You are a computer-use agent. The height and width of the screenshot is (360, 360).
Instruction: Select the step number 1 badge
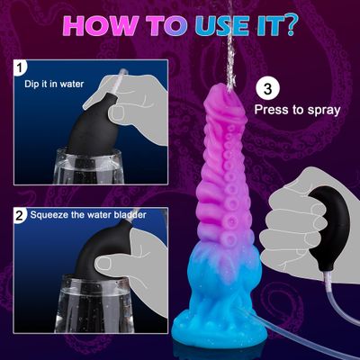coord(20,67)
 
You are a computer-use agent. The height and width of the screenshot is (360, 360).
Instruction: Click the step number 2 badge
coord(20,215)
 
